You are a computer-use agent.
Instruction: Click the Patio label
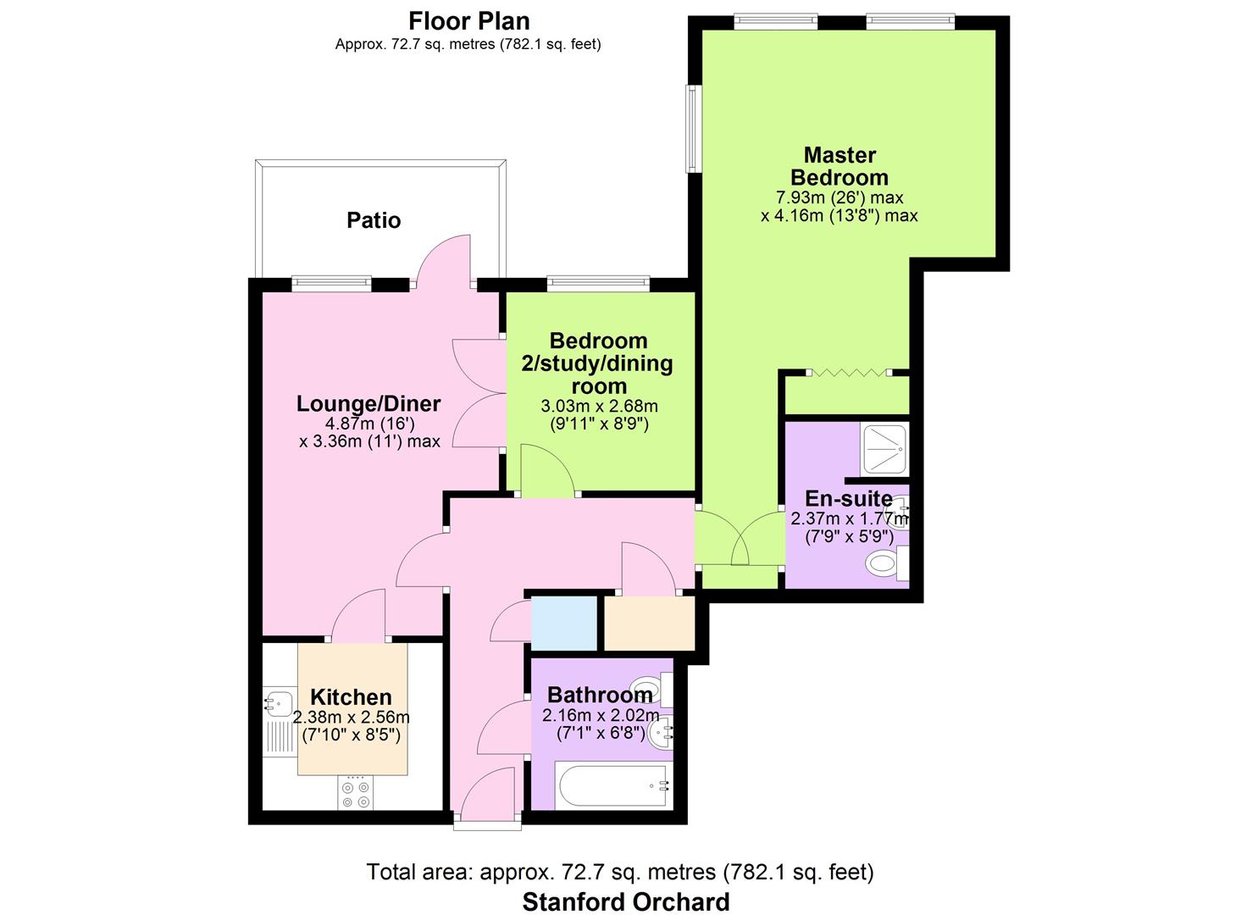(x=374, y=220)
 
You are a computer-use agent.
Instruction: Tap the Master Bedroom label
(x=839, y=166)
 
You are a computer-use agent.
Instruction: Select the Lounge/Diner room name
(x=369, y=404)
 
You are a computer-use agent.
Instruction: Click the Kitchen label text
(x=351, y=697)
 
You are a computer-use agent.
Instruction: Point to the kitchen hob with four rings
(x=356, y=794)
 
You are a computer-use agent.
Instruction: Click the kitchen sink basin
(x=278, y=702)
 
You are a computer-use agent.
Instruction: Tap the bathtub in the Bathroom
(x=613, y=785)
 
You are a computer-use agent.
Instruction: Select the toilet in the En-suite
(x=887, y=563)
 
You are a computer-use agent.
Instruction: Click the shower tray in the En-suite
(x=884, y=448)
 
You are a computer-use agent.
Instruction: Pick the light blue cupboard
(x=564, y=624)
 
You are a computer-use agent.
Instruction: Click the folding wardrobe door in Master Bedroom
(x=849, y=372)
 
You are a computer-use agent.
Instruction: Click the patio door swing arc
(x=442, y=258)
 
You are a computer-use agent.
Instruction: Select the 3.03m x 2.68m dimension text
(x=599, y=406)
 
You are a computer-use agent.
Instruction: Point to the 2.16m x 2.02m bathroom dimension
(x=601, y=715)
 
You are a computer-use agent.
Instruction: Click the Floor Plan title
(x=469, y=21)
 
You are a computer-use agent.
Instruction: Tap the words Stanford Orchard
(x=626, y=902)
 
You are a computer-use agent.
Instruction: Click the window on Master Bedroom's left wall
(x=691, y=129)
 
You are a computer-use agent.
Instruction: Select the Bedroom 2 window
(x=599, y=283)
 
